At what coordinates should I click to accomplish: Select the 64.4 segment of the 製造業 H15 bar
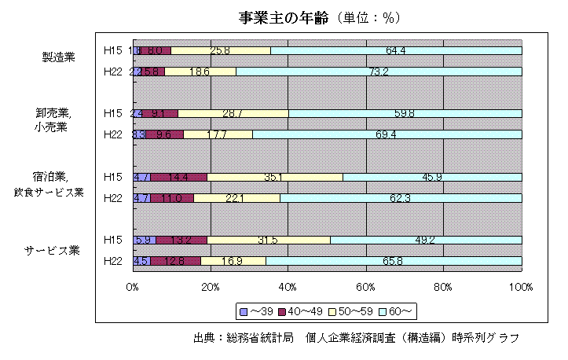(x=396, y=51)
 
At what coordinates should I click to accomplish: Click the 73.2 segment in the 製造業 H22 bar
(x=379, y=72)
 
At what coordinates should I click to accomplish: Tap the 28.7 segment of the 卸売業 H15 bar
(x=233, y=113)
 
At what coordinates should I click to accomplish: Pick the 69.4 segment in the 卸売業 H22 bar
(x=387, y=134)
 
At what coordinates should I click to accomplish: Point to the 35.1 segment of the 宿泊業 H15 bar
(x=275, y=177)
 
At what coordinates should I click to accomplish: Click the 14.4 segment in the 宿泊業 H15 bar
(x=179, y=177)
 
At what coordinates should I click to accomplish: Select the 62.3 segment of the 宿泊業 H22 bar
(x=401, y=197)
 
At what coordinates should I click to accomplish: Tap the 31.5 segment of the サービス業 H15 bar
(x=269, y=240)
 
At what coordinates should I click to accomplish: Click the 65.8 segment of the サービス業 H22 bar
(x=394, y=260)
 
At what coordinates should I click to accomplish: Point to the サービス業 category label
(x=53, y=251)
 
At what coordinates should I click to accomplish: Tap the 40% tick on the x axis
(x=288, y=288)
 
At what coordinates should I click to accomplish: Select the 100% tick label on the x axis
(x=522, y=288)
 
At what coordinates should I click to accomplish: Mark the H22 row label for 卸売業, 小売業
(x=112, y=134)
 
